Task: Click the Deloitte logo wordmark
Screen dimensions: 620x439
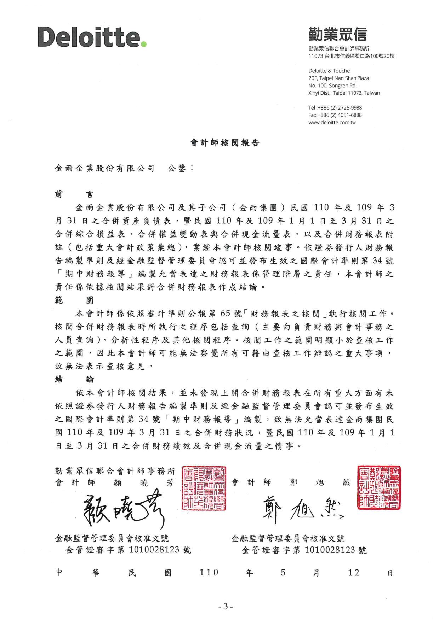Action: coord(89,37)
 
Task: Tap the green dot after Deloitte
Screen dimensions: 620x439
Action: coord(143,44)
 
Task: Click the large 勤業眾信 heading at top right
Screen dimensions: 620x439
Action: coord(337,34)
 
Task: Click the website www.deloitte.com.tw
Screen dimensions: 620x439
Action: coord(332,123)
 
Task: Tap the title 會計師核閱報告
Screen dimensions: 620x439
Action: coord(225,143)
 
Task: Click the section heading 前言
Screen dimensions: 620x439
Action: coord(74,194)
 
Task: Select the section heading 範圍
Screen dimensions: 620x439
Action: coord(74,300)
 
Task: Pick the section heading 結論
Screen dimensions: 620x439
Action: coord(74,380)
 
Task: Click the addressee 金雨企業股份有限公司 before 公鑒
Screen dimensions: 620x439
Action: coord(105,169)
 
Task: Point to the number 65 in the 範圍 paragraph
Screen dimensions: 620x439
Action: coord(225,314)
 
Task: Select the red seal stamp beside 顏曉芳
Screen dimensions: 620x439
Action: coord(204,488)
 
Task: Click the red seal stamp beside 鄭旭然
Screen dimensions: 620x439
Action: coord(379,487)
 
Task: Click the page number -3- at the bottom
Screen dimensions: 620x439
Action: coord(226,607)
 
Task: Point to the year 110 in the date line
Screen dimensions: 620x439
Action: coord(209,573)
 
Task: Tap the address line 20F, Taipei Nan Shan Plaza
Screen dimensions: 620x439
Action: coord(338,78)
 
